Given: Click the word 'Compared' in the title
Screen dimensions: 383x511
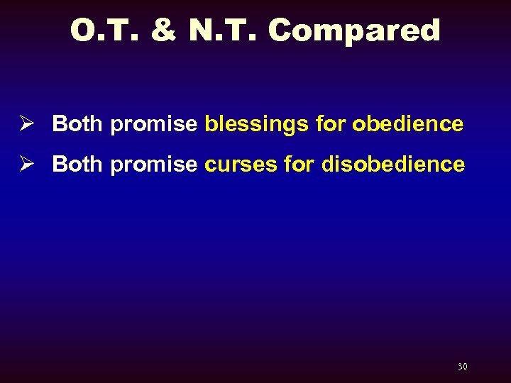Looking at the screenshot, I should [354, 30].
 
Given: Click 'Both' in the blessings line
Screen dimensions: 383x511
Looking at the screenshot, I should [78, 124].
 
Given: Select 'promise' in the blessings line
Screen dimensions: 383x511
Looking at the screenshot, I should [154, 125].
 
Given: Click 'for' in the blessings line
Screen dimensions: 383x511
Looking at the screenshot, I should [330, 124].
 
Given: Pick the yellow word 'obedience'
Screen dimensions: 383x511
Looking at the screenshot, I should [408, 124].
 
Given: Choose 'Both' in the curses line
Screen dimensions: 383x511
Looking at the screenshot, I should [78, 165].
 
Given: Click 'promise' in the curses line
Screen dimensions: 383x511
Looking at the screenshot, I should [154, 165].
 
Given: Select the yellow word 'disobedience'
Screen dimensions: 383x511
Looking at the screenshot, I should [393, 165].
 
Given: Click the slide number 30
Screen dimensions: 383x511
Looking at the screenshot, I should [462, 367].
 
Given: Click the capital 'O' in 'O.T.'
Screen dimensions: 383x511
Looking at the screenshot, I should [82, 30].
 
